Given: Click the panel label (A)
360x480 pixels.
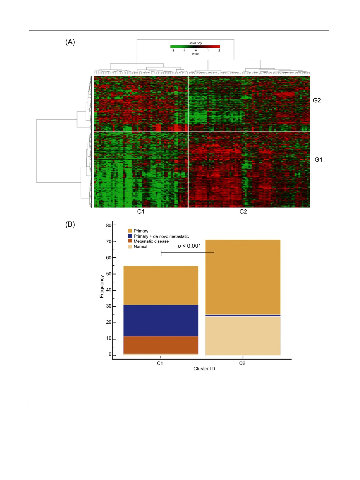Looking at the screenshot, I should tap(70, 42).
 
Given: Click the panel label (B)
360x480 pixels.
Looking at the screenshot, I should tap(70, 224).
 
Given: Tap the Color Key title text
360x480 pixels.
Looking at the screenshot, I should tap(195, 43).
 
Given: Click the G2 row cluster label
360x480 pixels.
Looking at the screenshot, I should tap(317, 100).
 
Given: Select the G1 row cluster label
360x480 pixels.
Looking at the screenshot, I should tap(318, 160).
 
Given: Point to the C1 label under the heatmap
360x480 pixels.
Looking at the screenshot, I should tap(141, 212).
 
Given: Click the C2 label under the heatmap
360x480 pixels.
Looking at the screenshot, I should tap(243, 212).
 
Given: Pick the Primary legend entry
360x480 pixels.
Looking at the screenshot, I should tap(141, 231).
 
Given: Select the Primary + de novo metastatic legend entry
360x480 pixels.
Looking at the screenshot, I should tap(161, 236).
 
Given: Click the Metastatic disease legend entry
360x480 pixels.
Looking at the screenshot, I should tap(151, 241).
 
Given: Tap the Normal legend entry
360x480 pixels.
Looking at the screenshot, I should tap(140, 247).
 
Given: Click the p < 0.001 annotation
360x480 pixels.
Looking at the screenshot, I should tap(189, 246).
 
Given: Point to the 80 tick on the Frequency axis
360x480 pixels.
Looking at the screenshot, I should tap(109, 225).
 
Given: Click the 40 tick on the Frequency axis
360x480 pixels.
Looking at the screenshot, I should tap(109, 290).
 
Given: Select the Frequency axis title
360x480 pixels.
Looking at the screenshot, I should tap(102, 287).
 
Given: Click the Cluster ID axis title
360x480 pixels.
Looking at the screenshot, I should tap(204, 369).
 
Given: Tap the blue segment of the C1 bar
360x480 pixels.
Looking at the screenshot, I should tap(161, 321).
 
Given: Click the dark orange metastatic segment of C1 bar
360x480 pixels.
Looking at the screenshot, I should tap(161, 345).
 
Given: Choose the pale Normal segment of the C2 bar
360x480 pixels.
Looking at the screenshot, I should tap(243, 336).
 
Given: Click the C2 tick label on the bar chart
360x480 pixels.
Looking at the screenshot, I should tap(242, 363).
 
